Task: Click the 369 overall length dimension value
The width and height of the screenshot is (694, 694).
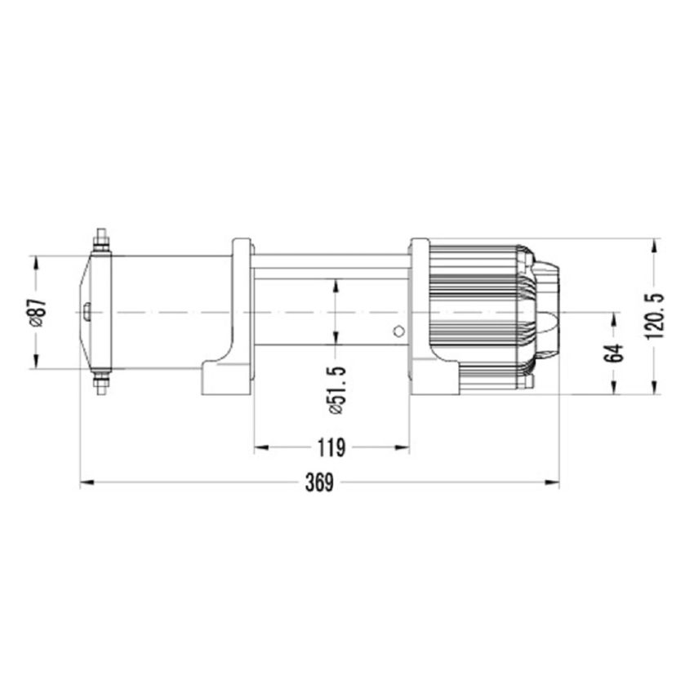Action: [319, 483]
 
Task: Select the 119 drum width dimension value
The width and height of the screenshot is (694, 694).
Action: [331, 447]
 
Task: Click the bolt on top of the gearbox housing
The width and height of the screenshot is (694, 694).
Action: [101, 240]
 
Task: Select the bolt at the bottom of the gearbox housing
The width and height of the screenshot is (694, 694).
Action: [101, 383]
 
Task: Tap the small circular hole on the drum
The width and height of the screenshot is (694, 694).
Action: [398, 331]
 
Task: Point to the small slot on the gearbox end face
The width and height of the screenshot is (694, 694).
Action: [86, 311]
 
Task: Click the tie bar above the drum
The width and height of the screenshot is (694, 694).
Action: [331, 262]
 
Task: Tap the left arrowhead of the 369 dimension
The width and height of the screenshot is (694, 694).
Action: [85, 483]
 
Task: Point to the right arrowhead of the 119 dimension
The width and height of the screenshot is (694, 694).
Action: [404, 447]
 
